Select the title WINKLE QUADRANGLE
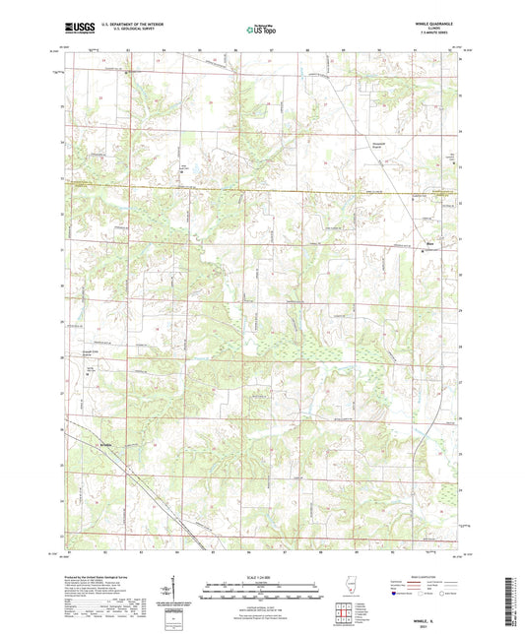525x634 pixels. click(x=432, y=25)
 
